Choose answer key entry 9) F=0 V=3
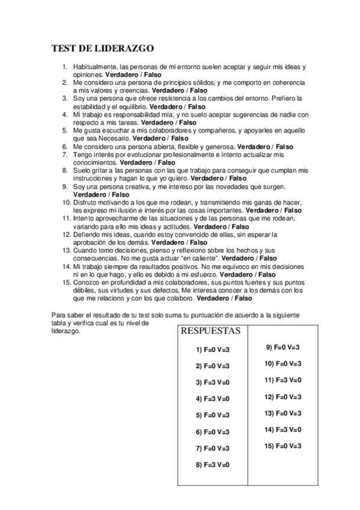click(x=282, y=347)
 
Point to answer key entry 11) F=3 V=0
click(x=282, y=380)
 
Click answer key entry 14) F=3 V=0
click(x=282, y=429)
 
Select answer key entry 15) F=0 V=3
click(x=282, y=446)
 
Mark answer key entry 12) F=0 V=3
click(x=282, y=396)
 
